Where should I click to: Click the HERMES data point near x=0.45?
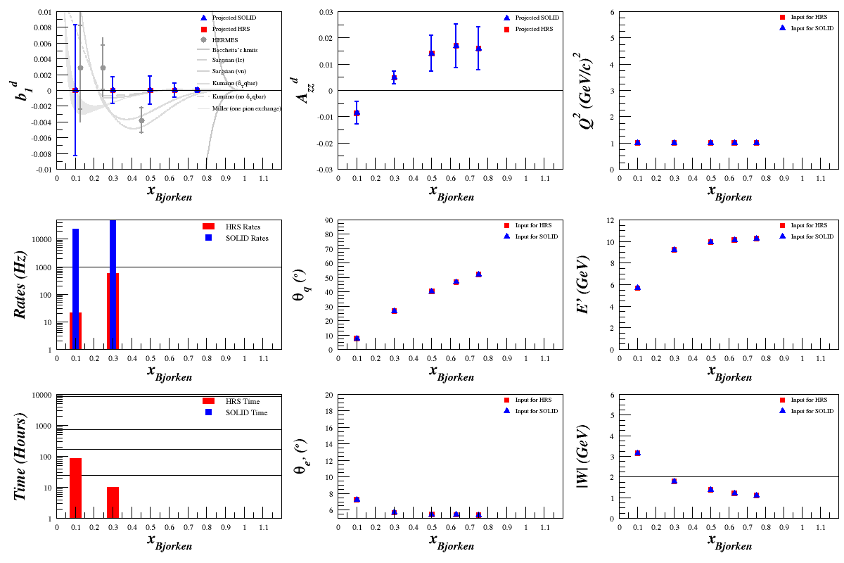point(141,120)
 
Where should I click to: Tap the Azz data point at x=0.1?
point(357,113)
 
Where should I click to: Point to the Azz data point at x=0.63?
point(456,45)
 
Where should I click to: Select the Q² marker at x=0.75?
point(756,142)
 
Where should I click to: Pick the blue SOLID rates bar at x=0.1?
point(75,289)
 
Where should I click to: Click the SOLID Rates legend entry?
point(246,238)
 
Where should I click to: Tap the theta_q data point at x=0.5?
point(431,291)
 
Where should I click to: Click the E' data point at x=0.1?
point(637,287)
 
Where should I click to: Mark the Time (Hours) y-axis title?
point(21,457)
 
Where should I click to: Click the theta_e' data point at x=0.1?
point(357,499)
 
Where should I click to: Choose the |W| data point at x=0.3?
point(674,481)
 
